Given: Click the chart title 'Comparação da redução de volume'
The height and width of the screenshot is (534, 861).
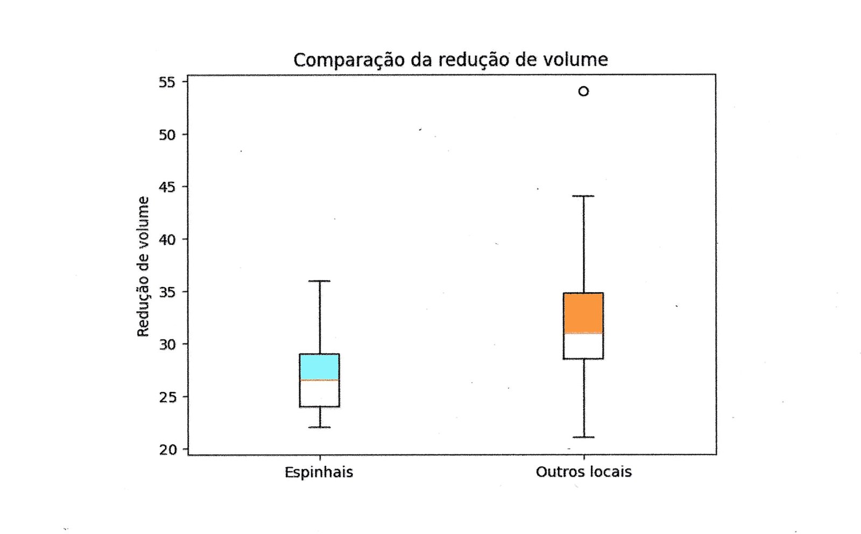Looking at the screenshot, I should click(x=450, y=59).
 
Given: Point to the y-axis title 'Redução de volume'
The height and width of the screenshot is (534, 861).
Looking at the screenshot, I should click(x=143, y=267).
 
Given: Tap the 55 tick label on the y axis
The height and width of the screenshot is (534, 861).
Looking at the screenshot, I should click(x=167, y=82).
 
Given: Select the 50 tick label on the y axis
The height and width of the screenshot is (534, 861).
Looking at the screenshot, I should click(x=167, y=135).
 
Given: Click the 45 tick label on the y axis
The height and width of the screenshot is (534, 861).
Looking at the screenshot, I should click(x=167, y=187).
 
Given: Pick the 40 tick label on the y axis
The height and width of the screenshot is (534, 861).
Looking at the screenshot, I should click(x=167, y=240).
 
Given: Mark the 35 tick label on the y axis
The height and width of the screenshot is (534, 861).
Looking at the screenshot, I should click(x=167, y=292).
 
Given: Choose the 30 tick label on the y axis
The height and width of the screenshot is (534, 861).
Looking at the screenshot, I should click(x=167, y=345).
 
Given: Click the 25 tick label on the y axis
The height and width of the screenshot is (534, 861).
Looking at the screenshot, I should click(x=167, y=397).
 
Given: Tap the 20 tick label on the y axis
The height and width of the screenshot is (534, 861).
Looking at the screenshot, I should click(x=167, y=449).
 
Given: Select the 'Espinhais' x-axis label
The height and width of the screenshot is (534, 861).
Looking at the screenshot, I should click(x=319, y=472).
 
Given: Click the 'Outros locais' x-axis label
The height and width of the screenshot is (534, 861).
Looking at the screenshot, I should click(x=583, y=472).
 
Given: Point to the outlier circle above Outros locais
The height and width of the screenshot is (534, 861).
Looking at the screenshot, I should click(x=583, y=92).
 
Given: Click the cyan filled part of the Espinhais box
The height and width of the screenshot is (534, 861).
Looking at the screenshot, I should click(x=319, y=367).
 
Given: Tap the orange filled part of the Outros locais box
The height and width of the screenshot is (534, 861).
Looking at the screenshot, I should click(x=583, y=313).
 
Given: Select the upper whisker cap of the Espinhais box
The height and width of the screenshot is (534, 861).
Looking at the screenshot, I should click(x=320, y=281).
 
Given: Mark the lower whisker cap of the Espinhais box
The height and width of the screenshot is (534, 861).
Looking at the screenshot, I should click(x=320, y=427).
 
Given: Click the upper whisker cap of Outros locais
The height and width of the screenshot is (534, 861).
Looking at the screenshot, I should click(x=583, y=196).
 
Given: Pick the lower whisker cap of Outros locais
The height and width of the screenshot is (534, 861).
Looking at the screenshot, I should click(x=583, y=437).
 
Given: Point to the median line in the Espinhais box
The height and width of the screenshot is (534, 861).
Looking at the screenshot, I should click(x=319, y=380).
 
